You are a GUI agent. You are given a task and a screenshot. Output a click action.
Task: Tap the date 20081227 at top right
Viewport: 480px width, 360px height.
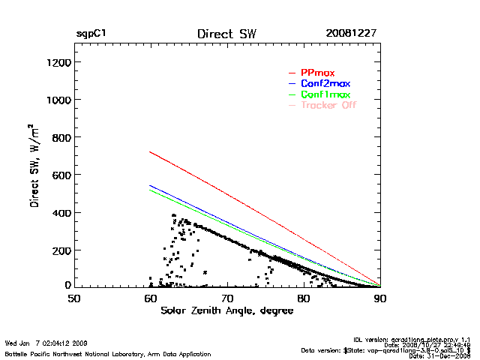351,34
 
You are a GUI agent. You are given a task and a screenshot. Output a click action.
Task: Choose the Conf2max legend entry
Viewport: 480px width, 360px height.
325,83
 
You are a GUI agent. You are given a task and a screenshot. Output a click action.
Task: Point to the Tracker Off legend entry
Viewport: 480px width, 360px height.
328,105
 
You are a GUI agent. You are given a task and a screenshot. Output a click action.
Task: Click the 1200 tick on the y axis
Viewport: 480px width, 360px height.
58,62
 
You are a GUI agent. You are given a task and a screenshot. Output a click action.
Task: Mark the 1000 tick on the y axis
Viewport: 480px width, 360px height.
58,100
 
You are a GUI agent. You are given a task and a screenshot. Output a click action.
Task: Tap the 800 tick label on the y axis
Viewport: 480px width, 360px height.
61,137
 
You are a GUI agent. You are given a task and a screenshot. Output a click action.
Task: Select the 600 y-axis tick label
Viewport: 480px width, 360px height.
61,175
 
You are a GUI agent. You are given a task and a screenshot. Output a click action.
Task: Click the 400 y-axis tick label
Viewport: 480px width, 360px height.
61,212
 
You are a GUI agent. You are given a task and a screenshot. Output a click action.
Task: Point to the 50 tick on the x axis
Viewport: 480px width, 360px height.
74,298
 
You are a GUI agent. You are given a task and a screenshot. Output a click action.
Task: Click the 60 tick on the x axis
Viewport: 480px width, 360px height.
151,298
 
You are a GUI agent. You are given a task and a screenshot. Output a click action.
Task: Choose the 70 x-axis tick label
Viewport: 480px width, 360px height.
227,298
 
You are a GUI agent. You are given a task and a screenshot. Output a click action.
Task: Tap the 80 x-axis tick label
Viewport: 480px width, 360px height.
304,298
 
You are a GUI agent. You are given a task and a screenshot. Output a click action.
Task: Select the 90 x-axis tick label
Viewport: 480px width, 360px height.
380,298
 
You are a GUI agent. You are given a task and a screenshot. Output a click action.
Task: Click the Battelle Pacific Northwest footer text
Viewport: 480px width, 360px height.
108,353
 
